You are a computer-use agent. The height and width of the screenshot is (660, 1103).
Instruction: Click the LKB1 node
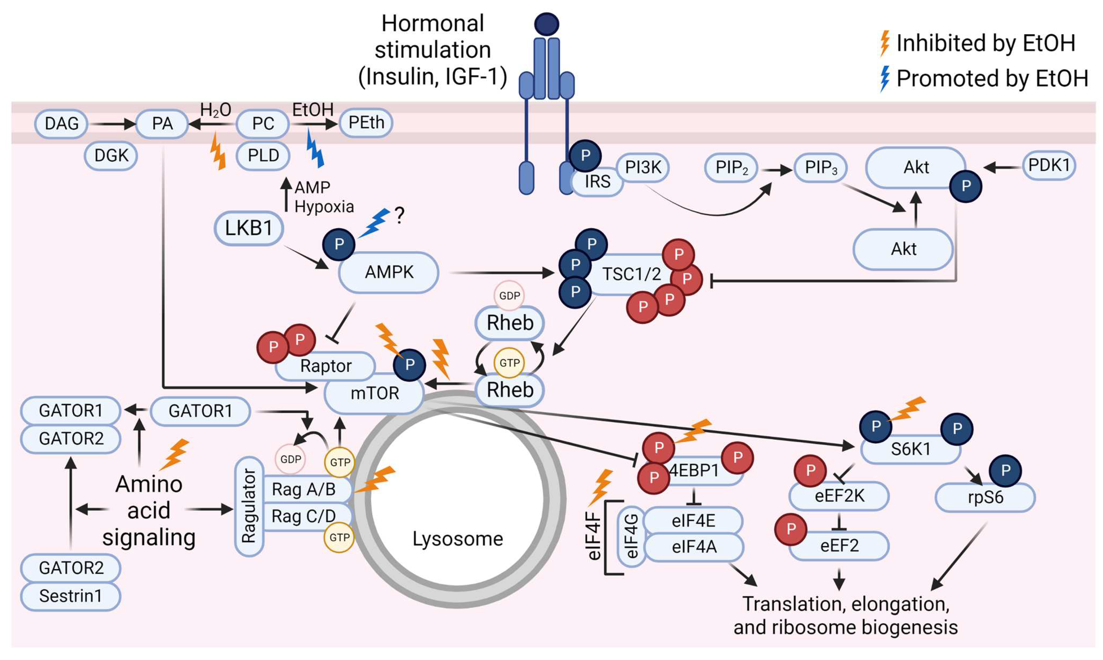(x=248, y=228)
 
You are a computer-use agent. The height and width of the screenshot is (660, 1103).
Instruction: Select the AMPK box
(x=389, y=272)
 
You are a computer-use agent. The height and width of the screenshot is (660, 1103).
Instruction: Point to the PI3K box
(x=643, y=168)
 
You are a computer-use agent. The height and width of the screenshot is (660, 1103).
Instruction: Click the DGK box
(x=111, y=156)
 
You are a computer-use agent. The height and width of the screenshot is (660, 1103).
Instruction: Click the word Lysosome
(x=458, y=539)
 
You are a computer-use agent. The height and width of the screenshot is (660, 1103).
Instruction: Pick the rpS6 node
(x=985, y=497)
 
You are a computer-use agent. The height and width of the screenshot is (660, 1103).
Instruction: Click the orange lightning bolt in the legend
(x=885, y=43)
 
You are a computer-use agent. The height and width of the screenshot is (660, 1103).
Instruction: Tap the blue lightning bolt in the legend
(x=885, y=78)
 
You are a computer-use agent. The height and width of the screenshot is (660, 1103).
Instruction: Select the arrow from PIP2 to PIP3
(x=776, y=169)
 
